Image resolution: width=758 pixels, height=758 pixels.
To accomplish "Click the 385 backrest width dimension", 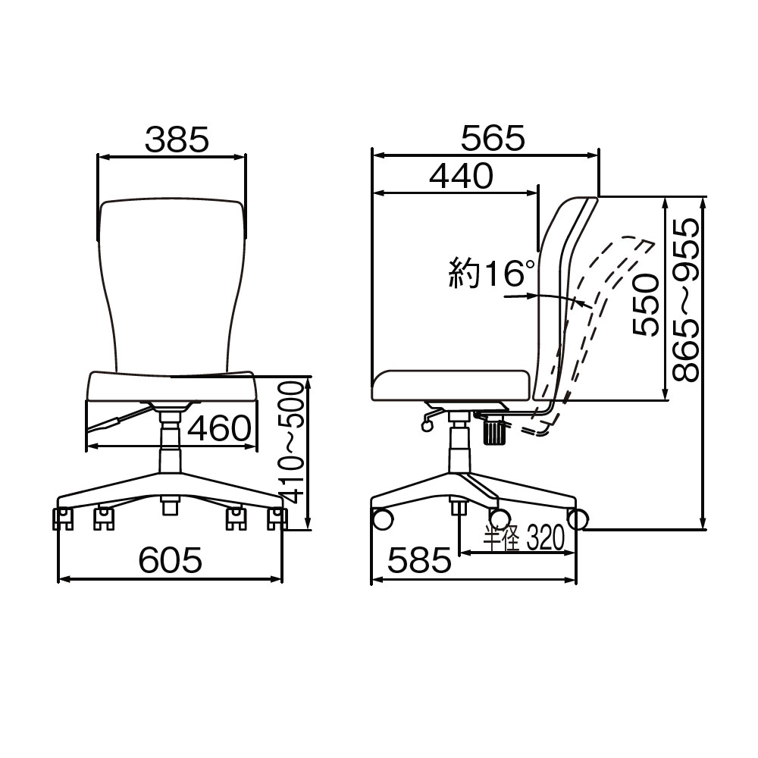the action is point(177,139).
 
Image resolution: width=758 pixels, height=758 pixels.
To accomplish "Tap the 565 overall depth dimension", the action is point(493,138).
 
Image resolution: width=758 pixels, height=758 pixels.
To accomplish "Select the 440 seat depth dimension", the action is point(461,176).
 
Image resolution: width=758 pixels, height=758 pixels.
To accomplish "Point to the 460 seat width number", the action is point(220,428).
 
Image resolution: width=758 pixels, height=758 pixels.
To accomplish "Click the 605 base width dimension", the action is point(170,560).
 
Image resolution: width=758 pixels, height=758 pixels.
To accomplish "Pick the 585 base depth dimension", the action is point(419,560).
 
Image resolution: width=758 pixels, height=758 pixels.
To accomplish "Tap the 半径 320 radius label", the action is point(524,538).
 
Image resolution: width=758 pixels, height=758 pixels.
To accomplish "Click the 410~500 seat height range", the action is point(292,443).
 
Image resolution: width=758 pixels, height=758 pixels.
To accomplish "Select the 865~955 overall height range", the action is point(687,299).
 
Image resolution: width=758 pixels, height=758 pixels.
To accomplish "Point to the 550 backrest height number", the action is point(646,305).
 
